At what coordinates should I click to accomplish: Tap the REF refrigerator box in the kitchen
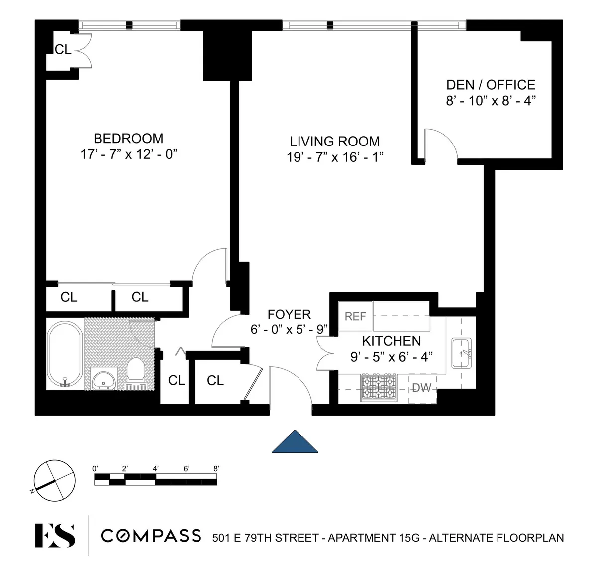click(355, 316)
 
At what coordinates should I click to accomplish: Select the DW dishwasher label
click(422, 388)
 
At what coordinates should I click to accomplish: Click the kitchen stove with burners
click(379, 387)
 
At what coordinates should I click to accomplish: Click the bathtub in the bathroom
click(65, 354)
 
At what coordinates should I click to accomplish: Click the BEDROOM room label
click(128, 138)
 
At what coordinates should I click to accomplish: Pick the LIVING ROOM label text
click(335, 141)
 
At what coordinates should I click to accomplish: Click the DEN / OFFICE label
click(491, 85)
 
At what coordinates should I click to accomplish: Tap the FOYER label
click(289, 314)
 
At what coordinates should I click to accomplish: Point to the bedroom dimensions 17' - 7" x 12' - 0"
click(129, 154)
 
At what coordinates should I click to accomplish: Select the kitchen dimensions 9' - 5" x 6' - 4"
click(392, 357)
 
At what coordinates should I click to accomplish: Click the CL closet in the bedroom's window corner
click(63, 49)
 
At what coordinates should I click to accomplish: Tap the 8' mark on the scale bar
click(216, 468)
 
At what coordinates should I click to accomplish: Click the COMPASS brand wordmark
click(151, 536)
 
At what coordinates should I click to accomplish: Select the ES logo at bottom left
click(55, 536)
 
